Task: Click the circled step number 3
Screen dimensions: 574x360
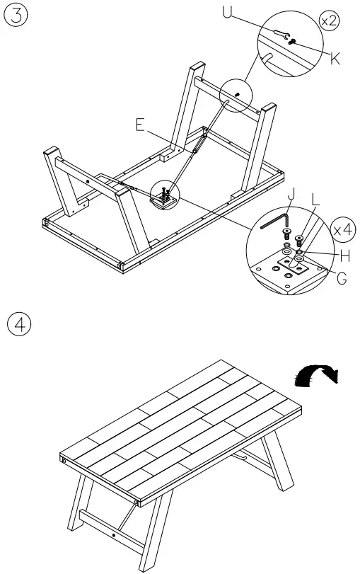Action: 16,16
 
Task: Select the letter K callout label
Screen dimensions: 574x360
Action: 335,59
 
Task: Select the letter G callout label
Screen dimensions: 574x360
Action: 342,278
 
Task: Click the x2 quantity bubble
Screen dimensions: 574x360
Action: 329,21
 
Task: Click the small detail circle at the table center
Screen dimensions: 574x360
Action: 164,194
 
